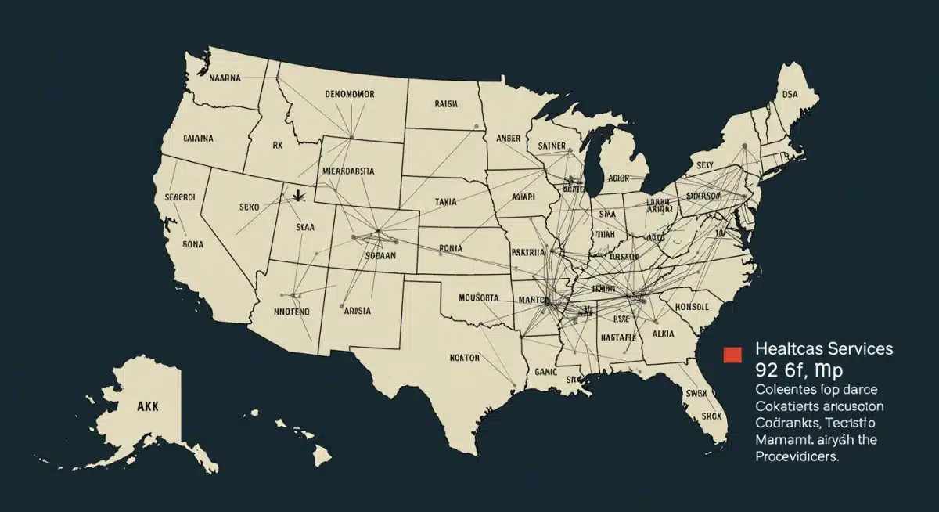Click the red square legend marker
pyautogui.click(x=732, y=354)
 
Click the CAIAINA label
pyautogui.click(x=198, y=139)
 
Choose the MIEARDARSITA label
pyautogui.click(x=348, y=169)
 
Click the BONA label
pyautogui.click(x=192, y=243)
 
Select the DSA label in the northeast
pyautogui.click(x=790, y=93)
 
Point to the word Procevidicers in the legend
pyautogui.click(x=797, y=458)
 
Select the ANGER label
pyautogui.click(x=508, y=138)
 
